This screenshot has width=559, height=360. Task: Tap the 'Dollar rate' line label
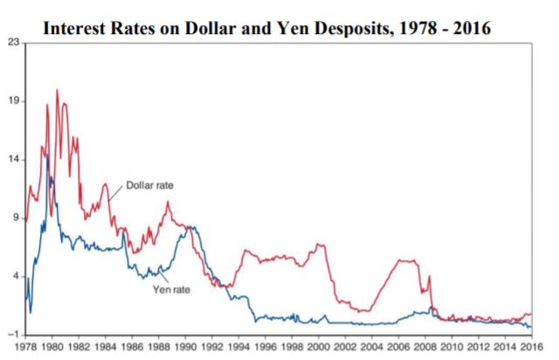149,185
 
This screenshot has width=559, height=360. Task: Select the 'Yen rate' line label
171,288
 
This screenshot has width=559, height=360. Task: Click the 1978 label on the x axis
25,348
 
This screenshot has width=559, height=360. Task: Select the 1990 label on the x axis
185,348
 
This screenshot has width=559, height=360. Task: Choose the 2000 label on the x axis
319,348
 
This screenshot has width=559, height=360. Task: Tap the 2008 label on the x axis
425,348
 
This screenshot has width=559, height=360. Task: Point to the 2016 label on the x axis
532,348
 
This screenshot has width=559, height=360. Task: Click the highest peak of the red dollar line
58,90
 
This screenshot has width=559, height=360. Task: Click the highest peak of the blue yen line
49,154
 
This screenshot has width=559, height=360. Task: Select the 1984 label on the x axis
106,348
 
